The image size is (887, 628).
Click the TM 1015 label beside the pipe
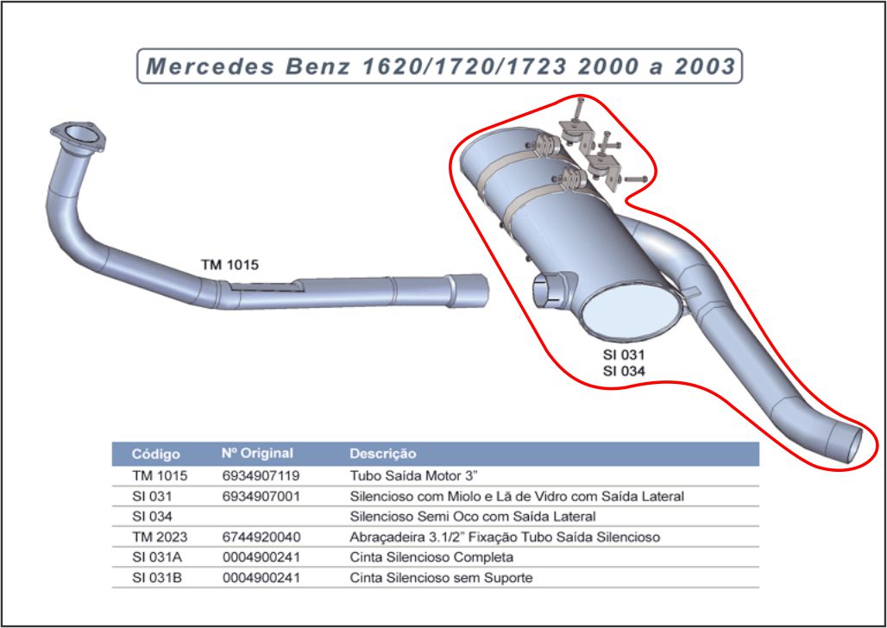(230, 265)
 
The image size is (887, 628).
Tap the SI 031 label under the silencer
(623, 355)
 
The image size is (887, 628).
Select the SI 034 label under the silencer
(623, 371)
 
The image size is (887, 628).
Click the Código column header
(155, 454)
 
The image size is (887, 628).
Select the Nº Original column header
(257, 454)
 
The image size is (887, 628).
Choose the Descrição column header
(382, 454)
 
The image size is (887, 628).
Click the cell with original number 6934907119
(261, 475)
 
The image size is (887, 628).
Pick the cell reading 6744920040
(261, 537)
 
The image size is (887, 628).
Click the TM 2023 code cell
(159, 537)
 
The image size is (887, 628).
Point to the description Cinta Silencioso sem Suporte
(441, 578)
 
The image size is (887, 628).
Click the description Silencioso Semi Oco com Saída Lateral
(472, 517)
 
